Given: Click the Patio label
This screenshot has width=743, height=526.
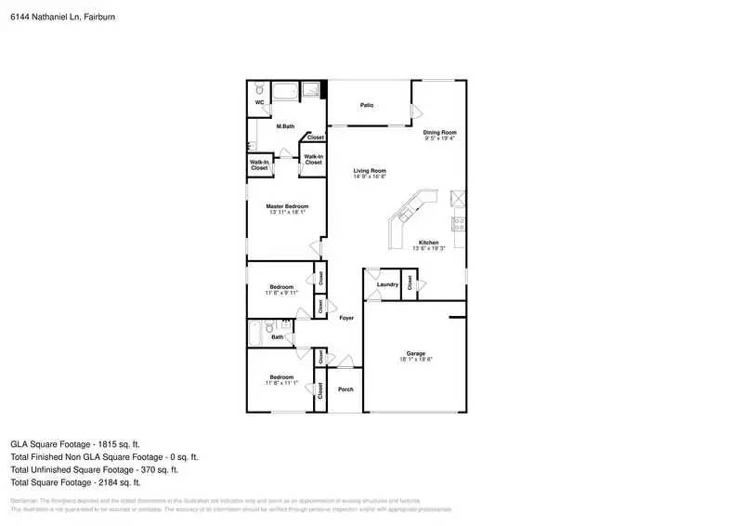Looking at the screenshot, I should tap(367, 106).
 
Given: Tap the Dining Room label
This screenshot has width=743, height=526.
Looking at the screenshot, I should tap(440, 133).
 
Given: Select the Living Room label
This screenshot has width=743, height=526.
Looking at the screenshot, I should tap(370, 171).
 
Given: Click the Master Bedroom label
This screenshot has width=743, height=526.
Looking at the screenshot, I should tap(286, 206).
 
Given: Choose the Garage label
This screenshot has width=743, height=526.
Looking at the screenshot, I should tap(415, 353).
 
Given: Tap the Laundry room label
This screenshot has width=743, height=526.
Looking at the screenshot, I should tap(387, 284).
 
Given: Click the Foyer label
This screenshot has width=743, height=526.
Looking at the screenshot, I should tap(346, 318).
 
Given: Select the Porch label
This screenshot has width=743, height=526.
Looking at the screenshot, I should tap(345, 389).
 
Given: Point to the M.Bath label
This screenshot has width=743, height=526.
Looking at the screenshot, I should tap(285, 126).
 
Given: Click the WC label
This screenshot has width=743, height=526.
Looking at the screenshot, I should tap(260, 103).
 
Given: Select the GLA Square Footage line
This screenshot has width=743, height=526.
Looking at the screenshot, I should tap(76, 444).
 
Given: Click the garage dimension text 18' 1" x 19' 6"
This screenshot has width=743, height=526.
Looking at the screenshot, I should tap(415, 360).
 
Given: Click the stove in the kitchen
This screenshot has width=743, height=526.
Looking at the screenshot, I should tap(458, 222).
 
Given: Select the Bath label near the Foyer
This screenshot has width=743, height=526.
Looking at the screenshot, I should tap(278, 337).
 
